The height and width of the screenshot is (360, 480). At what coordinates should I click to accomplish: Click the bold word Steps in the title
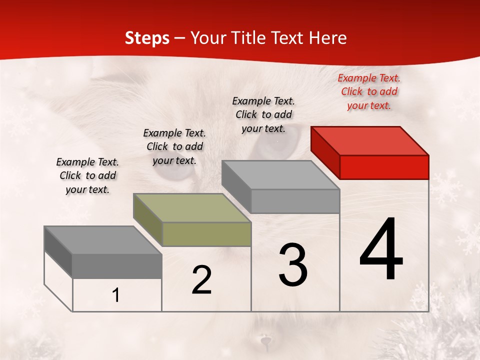[x=147, y=38]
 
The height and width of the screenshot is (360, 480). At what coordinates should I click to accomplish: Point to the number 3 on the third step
[x=292, y=265]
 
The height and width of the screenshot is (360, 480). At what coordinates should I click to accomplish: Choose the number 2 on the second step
[x=201, y=280]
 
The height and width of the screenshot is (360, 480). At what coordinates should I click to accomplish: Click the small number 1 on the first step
[x=116, y=295]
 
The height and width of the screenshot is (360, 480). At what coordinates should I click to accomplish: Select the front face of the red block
[x=384, y=167]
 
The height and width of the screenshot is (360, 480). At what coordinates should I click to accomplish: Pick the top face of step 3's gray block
[x=280, y=175]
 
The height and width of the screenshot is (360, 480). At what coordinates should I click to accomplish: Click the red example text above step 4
[x=369, y=91]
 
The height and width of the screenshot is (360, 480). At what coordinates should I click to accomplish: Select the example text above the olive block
[x=174, y=146]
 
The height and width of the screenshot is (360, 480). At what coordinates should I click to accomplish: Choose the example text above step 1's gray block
[x=87, y=175]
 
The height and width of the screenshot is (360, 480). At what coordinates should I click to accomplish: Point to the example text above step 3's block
[x=263, y=114]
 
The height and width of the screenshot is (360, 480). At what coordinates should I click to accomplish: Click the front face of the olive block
[x=206, y=234]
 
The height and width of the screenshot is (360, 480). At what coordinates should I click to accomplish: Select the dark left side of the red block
[x=325, y=152]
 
